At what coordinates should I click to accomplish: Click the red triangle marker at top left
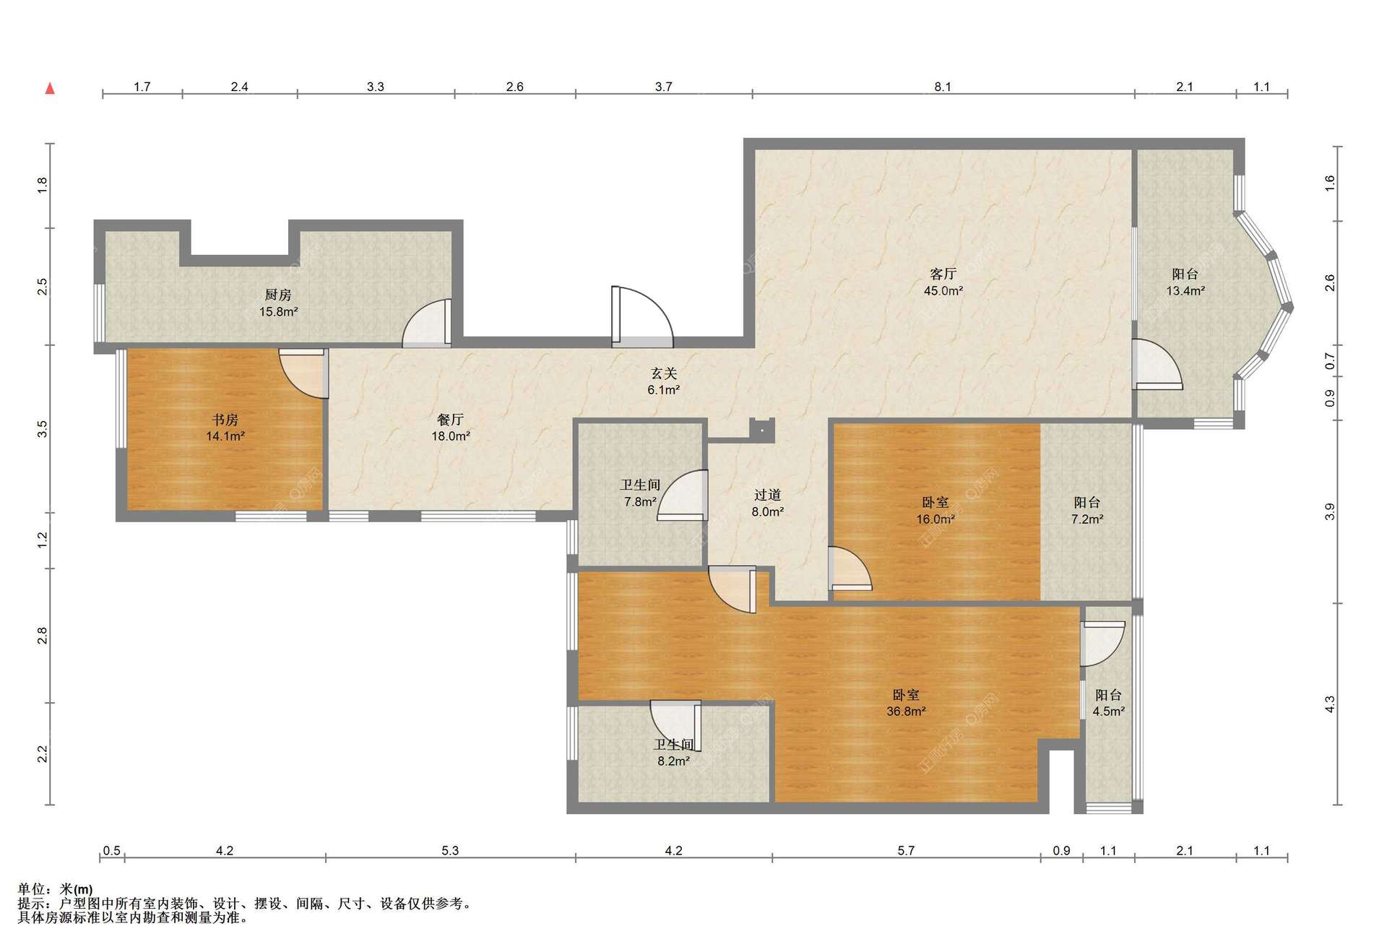(x=50, y=88)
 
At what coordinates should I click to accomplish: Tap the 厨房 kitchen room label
(x=278, y=295)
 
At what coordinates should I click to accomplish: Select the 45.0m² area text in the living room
(x=943, y=291)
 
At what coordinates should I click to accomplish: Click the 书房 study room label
(x=225, y=420)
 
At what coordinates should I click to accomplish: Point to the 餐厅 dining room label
(x=451, y=420)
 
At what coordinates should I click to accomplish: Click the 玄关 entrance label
(x=664, y=373)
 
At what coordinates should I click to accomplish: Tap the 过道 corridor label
(x=767, y=495)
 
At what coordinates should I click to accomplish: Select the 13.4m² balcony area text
(x=1185, y=291)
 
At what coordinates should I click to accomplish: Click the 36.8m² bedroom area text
(x=906, y=711)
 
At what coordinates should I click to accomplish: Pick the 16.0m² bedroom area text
(x=936, y=519)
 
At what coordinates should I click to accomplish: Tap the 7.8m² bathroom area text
(x=641, y=502)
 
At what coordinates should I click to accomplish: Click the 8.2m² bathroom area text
(x=673, y=761)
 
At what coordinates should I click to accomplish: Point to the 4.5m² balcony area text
(x=1108, y=711)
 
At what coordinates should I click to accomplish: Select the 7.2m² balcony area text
(x=1087, y=519)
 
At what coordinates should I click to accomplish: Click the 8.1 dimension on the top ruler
(x=943, y=87)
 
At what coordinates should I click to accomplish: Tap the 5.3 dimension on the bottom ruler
(x=450, y=851)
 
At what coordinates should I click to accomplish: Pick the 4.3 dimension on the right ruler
(x=1330, y=704)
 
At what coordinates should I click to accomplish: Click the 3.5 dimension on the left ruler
(x=43, y=429)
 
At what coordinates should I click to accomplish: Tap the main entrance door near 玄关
(x=642, y=316)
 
